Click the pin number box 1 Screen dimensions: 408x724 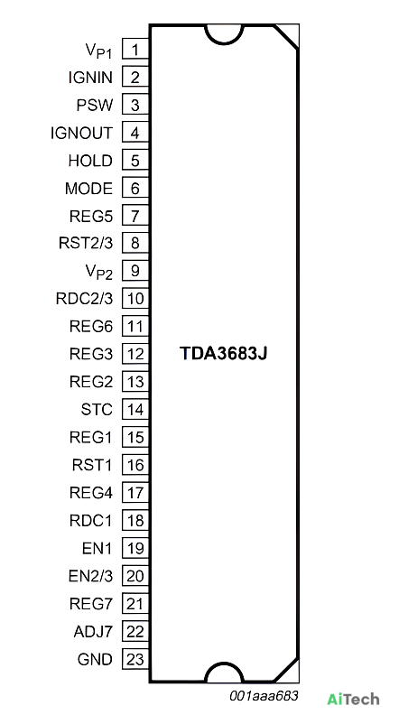(135, 49)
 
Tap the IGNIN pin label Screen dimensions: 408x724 (90, 78)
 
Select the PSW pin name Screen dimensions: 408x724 (95, 106)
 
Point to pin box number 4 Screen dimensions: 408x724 (135, 133)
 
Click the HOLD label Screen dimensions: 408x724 (90, 161)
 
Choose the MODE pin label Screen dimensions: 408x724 (88, 189)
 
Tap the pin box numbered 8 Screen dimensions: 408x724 (135, 243)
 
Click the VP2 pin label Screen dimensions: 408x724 (99, 272)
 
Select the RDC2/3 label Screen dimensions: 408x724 (84, 299)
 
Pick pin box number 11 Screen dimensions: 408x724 (135, 326)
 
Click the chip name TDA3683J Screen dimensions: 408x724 (224, 354)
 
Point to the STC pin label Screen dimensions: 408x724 (97, 410)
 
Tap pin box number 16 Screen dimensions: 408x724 (135, 465)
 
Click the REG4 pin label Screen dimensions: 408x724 (91, 493)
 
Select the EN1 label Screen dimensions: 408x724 (97, 548)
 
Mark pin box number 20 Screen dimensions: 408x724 (135, 575)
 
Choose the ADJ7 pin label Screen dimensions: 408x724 (93, 631)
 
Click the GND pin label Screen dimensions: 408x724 (95, 659)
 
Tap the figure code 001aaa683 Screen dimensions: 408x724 (264, 695)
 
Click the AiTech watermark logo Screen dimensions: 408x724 (354, 700)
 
